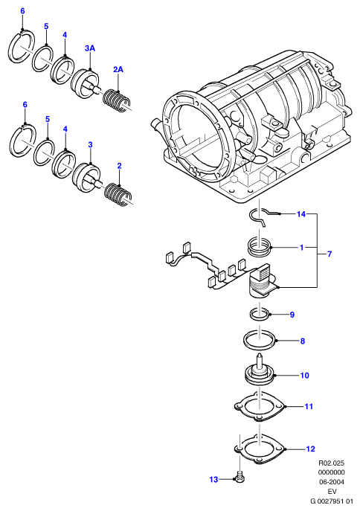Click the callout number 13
[213, 480]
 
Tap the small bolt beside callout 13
[240, 477]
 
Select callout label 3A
[90, 48]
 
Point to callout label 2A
[118, 69]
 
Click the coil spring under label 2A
[117, 100]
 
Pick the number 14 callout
[301, 214]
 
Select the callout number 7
[330, 254]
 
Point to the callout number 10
[305, 376]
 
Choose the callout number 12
[311, 449]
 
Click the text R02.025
[331, 463]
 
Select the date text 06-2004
[331, 482]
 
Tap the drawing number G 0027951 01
[332, 501]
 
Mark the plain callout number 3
[90, 145]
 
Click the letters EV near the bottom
[332, 491]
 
